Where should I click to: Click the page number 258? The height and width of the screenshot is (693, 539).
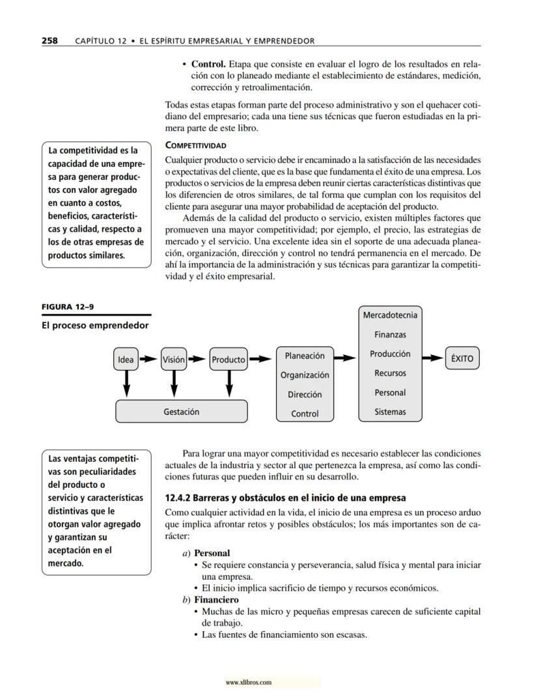click(49, 40)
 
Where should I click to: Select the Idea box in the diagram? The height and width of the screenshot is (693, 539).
click(126, 360)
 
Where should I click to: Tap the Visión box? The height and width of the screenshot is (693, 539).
click(174, 360)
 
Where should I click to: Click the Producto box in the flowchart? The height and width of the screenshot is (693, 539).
click(228, 360)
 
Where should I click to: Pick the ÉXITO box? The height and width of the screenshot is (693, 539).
click(462, 358)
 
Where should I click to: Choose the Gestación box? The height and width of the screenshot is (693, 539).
click(181, 412)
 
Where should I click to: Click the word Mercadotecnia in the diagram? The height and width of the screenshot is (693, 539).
click(391, 315)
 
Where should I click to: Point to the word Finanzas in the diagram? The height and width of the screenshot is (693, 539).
click(390, 335)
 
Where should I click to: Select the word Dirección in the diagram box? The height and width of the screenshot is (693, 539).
click(305, 394)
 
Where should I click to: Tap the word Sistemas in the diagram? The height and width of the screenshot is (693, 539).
click(390, 412)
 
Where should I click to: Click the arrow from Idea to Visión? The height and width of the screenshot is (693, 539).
click(149, 359)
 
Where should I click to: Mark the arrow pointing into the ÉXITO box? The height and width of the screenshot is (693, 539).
click(433, 358)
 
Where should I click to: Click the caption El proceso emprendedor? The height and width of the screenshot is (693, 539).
click(96, 325)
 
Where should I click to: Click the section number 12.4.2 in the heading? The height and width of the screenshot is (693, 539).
click(181, 498)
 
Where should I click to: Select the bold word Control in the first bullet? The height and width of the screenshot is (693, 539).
click(208, 65)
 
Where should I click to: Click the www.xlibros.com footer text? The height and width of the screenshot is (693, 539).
click(248, 683)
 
